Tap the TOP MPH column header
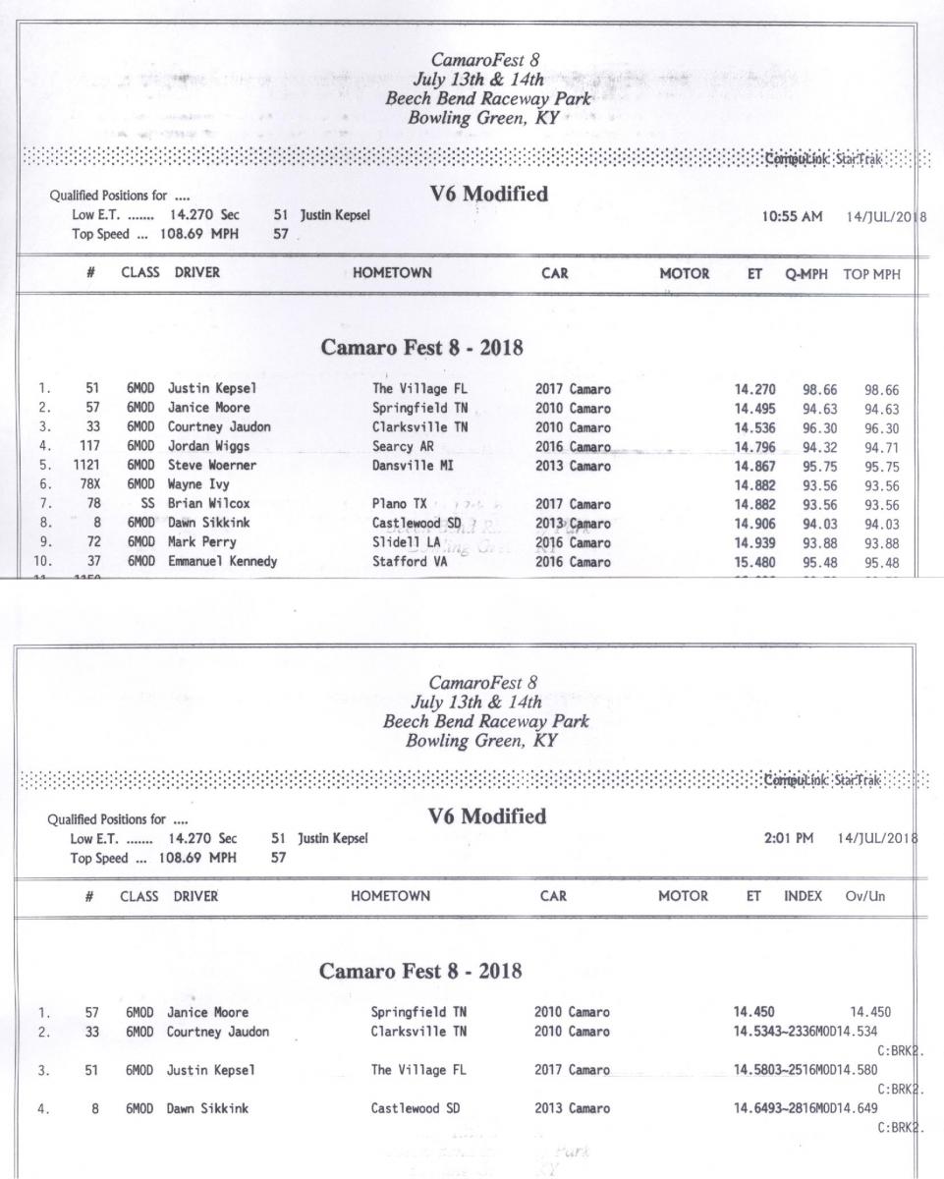coord(870,274)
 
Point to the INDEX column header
coord(803,896)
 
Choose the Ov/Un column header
coord(870,896)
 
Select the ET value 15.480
coord(754,562)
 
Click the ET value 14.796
coord(754,444)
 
